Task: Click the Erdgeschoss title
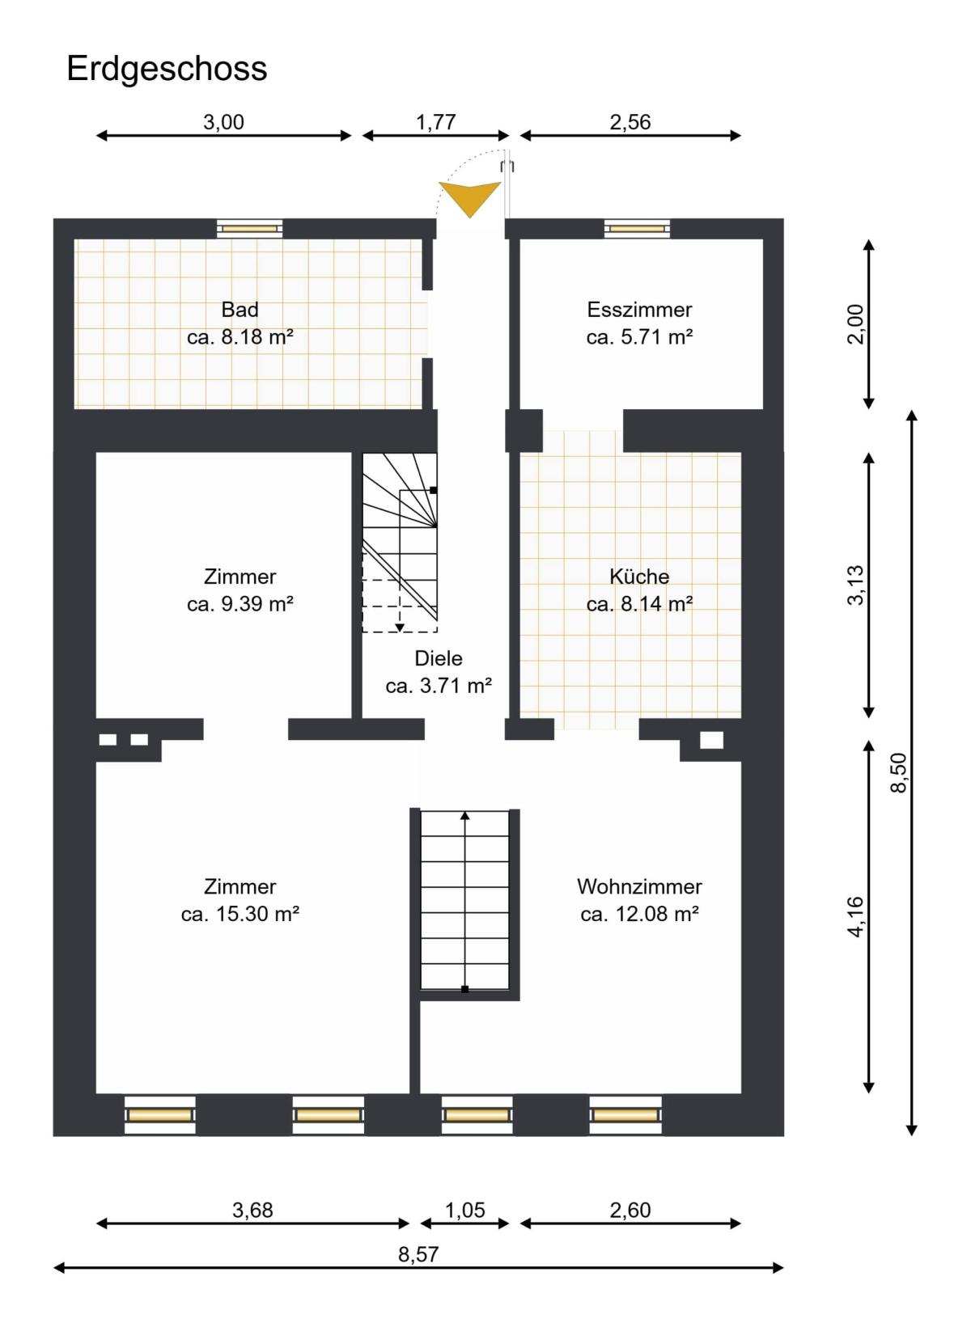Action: coord(167,70)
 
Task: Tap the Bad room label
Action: coord(240,309)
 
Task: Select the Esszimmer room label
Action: coord(639,309)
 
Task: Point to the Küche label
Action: coord(639,577)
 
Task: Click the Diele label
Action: coord(438,658)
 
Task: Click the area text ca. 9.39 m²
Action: coord(240,604)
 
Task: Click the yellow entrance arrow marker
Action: coord(469,198)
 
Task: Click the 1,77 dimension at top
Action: coord(435,122)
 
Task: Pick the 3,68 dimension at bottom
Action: coord(252,1210)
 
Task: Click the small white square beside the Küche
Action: coord(711,740)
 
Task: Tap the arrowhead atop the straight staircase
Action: coord(464,816)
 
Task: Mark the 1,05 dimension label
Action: coord(464,1210)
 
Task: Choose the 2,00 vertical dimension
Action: coord(855,324)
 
